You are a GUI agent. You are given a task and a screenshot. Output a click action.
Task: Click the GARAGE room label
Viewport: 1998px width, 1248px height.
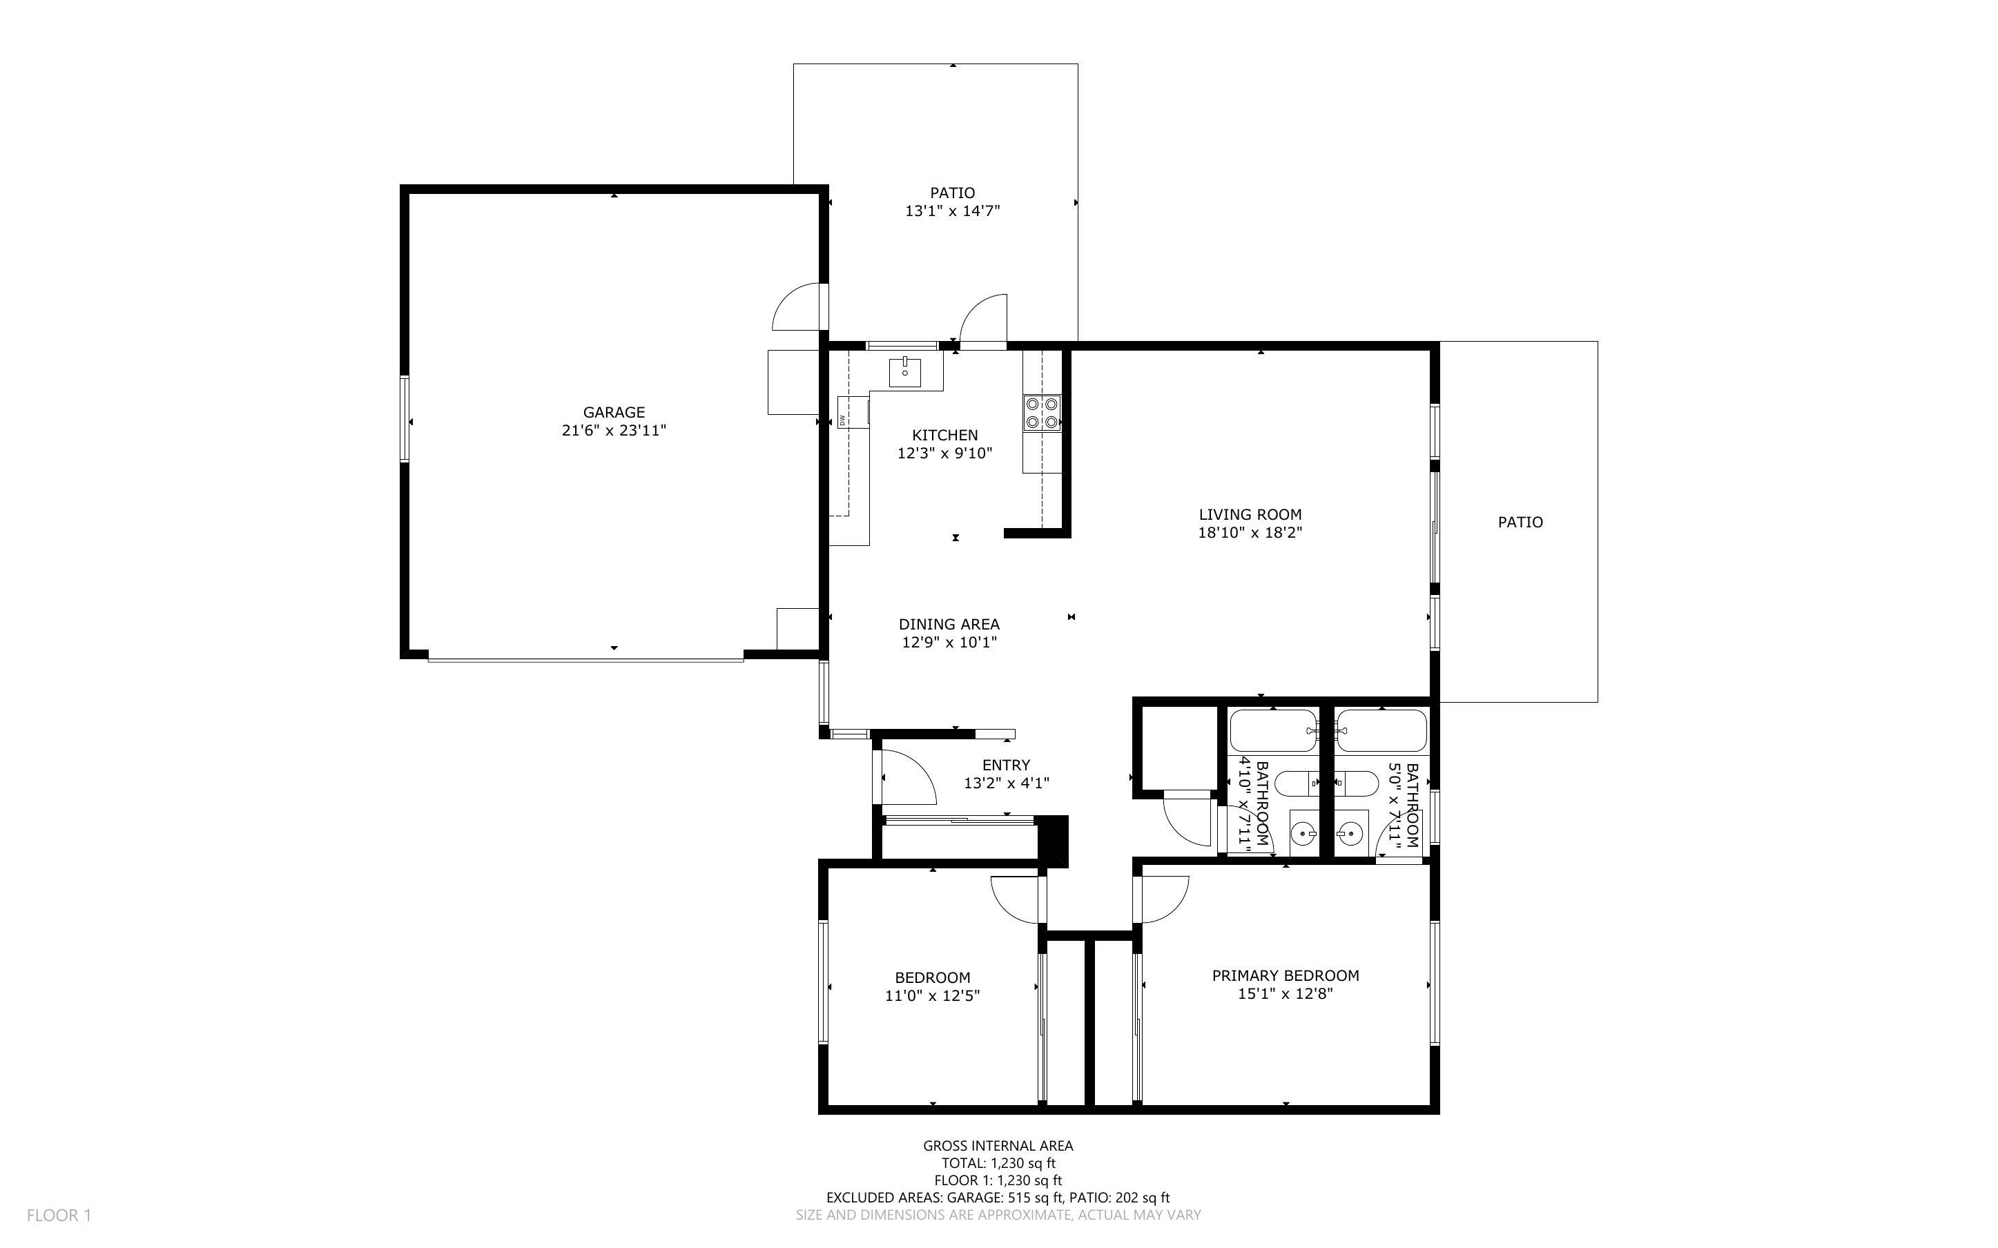pos(613,412)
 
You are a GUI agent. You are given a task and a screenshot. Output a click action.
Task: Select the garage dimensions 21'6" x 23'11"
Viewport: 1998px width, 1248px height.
pos(613,430)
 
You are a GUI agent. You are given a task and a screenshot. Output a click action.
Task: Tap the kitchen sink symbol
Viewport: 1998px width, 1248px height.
pos(904,372)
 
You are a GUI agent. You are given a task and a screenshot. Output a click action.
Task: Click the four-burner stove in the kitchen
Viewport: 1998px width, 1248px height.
pos(1042,413)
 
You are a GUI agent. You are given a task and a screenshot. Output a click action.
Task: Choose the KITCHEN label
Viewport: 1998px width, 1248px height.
pos(944,435)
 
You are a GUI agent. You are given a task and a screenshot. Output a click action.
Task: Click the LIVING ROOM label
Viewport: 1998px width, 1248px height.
pos(1250,514)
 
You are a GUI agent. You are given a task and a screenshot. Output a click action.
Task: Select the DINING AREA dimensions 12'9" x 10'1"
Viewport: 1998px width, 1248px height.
pos(949,642)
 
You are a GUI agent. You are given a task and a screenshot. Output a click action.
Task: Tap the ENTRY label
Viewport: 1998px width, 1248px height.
pos(1005,765)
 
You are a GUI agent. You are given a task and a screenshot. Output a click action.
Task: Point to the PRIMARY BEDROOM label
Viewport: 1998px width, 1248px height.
pos(1285,975)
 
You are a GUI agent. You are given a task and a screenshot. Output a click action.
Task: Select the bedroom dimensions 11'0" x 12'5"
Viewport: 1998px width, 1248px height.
pos(932,996)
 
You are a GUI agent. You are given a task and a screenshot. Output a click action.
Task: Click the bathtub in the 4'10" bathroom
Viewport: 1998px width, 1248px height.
pos(1272,730)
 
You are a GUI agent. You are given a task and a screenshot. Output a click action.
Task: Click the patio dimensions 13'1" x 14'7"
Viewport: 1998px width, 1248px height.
pos(952,211)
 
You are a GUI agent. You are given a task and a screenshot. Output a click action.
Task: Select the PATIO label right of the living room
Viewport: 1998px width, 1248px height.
pos(1520,522)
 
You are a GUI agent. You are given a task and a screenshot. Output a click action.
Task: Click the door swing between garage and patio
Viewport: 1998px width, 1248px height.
pos(797,307)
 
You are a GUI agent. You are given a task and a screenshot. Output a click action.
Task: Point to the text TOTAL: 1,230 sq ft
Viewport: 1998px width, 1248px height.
pos(998,1163)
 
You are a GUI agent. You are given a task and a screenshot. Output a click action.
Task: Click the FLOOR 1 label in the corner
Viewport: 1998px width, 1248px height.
pos(59,1215)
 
